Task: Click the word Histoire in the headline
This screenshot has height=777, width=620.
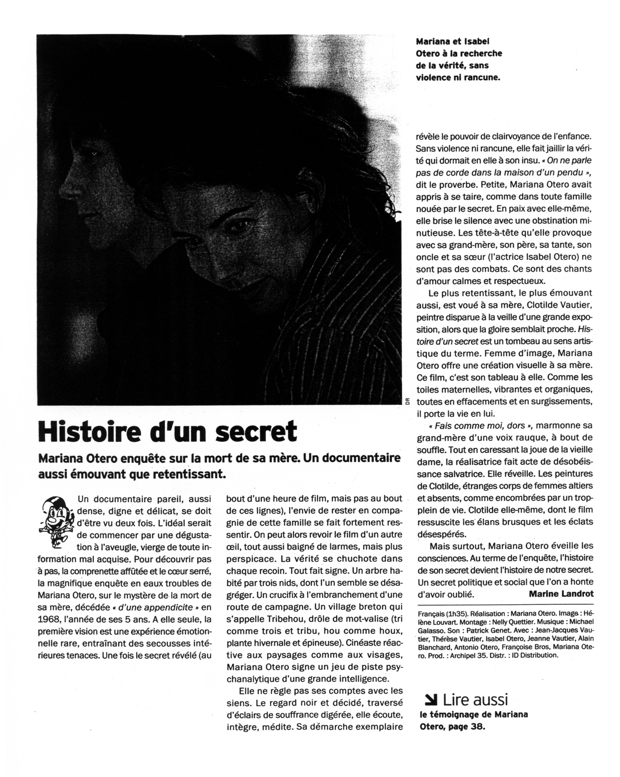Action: point(89,431)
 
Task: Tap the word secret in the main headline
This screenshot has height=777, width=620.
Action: point(256,431)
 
